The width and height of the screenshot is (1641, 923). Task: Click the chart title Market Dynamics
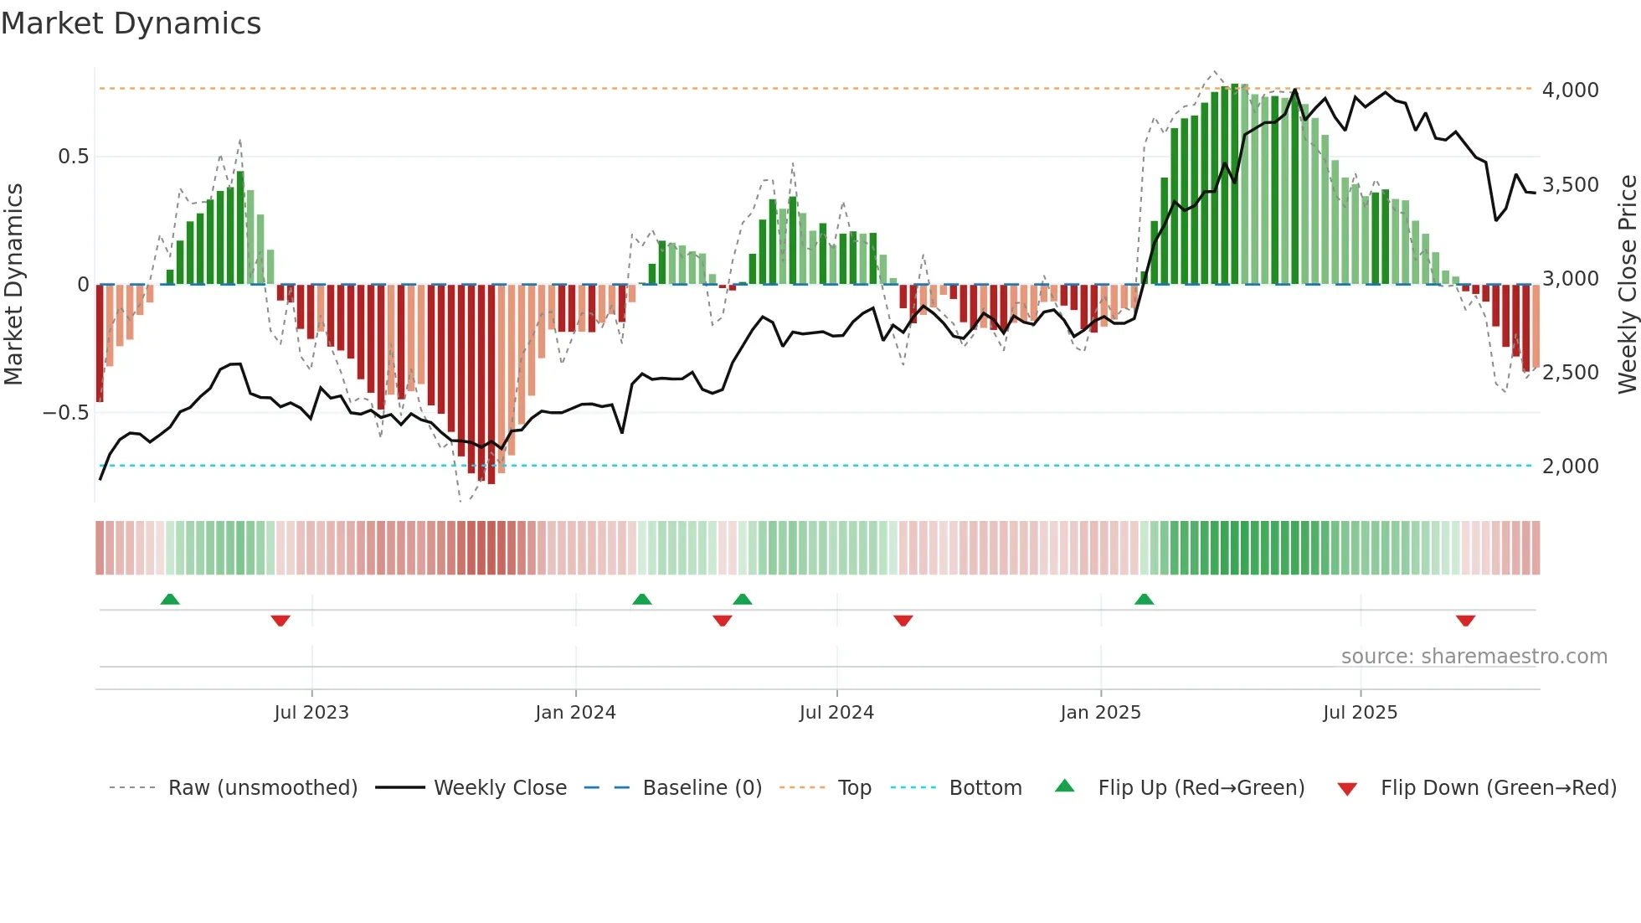(x=131, y=23)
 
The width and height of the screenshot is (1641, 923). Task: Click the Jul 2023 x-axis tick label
(x=311, y=713)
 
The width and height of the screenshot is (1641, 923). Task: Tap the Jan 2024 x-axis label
(x=575, y=713)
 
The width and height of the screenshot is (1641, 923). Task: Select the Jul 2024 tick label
(x=836, y=713)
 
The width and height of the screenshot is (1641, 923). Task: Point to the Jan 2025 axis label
(x=1100, y=713)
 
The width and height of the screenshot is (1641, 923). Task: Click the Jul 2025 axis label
(x=1360, y=713)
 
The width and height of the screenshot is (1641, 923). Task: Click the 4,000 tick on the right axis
(x=1570, y=90)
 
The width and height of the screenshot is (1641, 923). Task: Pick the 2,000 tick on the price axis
(x=1570, y=467)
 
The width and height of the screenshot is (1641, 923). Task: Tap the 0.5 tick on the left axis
(x=73, y=157)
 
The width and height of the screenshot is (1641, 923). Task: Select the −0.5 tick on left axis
(x=66, y=413)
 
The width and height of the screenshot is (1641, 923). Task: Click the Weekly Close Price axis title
(x=1627, y=285)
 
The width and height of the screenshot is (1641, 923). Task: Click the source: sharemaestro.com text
(x=1474, y=657)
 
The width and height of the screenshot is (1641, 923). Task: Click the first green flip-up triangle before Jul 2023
(x=170, y=599)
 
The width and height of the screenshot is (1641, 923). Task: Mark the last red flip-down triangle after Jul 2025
(x=1465, y=621)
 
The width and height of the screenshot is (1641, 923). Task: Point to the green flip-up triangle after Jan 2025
(x=1144, y=599)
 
